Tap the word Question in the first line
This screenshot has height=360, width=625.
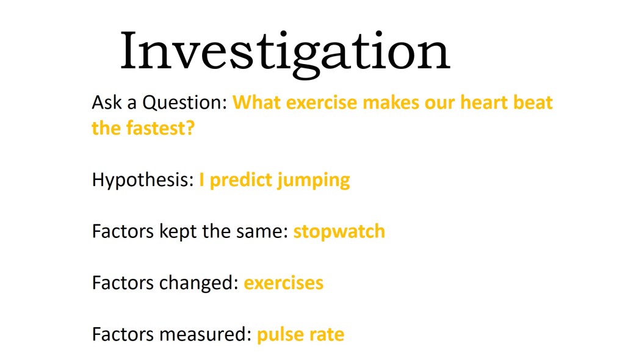[x=185, y=103]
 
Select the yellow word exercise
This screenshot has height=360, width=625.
[x=321, y=103]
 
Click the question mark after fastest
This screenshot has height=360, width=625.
[x=190, y=128]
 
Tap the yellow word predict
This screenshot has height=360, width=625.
[x=240, y=181]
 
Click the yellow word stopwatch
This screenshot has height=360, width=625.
[x=339, y=232]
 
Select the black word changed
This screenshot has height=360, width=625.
[x=198, y=283]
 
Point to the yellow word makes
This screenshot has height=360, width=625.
[x=391, y=103]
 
